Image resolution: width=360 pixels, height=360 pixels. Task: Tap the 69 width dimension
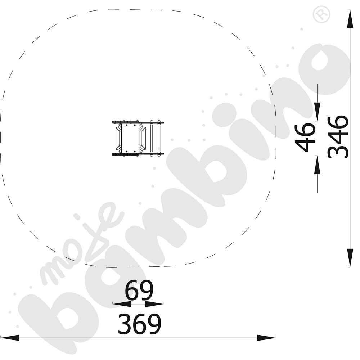(x=139, y=290)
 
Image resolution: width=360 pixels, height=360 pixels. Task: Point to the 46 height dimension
(x=305, y=137)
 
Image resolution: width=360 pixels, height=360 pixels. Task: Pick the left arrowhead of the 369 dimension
(x=10, y=338)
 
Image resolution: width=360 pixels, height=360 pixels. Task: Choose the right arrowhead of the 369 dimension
(x=266, y=338)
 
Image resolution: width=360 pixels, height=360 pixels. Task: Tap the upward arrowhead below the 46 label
(x=317, y=165)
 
